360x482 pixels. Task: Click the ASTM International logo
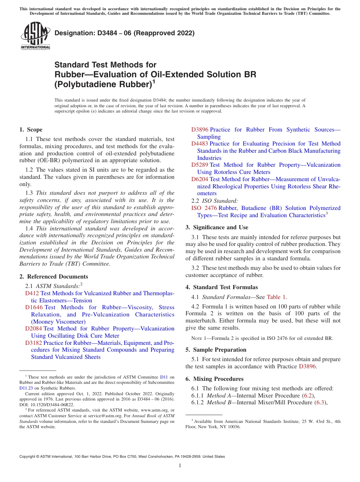[35, 36]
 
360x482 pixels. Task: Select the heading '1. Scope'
[31, 130]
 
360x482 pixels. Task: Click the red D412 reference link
[32, 293]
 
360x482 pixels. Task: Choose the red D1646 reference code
[34, 307]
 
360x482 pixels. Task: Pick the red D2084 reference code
[33, 329]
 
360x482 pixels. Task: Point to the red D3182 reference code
[33, 343]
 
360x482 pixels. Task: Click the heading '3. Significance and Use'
[217, 227]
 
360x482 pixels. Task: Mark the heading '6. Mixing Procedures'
[214, 379]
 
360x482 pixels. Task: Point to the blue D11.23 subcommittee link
[26, 388]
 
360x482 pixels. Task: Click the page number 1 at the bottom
[180, 466]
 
